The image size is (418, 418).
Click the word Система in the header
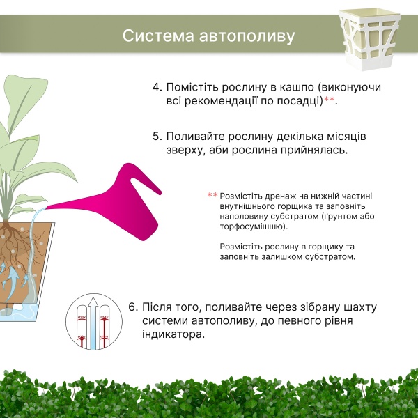[x=158, y=36]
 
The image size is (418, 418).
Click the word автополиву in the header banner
[x=247, y=36]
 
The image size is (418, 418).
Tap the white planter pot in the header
[x=370, y=40]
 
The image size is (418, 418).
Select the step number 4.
[x=157, y=88]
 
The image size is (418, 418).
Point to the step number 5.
[x=157, y=137]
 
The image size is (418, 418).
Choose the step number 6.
[x=132, y=307]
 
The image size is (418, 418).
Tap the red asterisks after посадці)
[x=329, y=100]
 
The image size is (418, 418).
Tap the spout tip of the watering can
[x=47, y=207]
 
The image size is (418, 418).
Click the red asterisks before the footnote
[x=212, y=195]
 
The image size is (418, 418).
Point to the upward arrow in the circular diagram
[x=93, y=323]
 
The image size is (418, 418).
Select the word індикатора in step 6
[x=173, y=334]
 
